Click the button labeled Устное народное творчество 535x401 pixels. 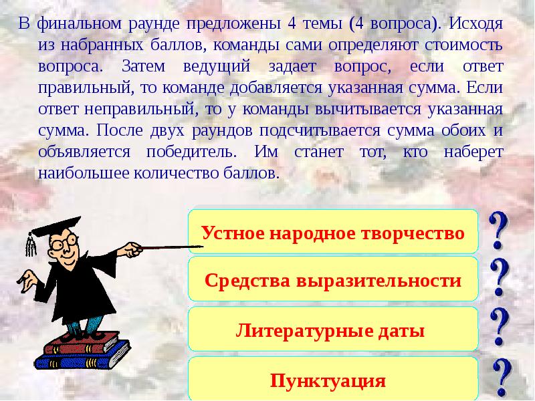pos(333,234)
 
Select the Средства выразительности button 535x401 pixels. pos(333,281)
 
